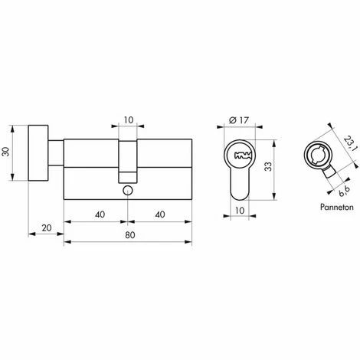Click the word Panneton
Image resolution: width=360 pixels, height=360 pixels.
337,207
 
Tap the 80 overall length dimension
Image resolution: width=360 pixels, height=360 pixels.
130,235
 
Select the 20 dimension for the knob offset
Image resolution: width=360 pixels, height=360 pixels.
47,227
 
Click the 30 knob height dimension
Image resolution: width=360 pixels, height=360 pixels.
6,152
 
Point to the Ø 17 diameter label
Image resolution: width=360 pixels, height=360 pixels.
239,119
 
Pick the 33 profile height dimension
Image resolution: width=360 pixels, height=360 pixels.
268,167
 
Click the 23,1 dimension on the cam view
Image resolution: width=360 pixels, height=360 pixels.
349,143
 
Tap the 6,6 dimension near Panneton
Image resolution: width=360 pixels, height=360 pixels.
344,191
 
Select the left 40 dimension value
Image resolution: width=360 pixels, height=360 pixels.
100,214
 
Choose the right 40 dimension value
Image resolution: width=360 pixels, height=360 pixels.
160,214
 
